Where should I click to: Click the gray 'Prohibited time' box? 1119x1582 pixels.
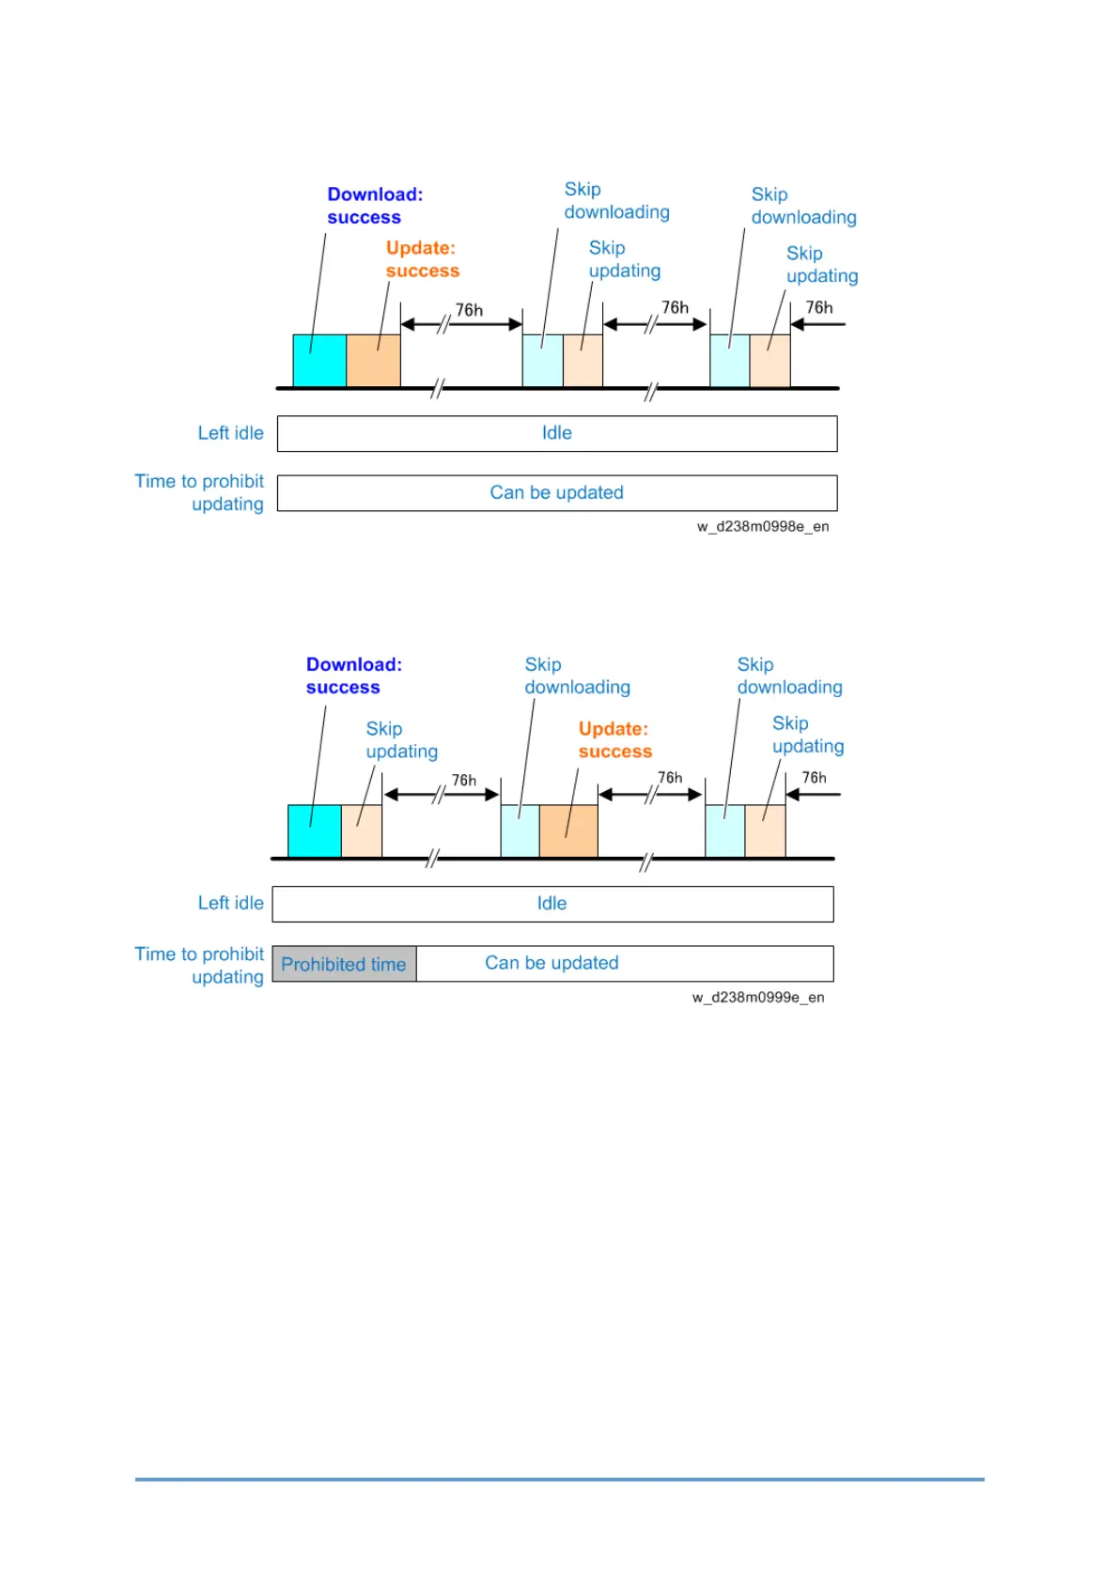344,964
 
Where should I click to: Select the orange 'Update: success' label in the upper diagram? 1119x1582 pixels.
422,259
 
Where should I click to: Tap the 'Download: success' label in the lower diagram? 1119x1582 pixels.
353,675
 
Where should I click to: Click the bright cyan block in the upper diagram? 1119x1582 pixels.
319,361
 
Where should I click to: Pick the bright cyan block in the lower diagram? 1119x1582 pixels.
314,830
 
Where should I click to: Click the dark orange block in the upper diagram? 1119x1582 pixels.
373,361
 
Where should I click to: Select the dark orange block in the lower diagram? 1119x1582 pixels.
568,830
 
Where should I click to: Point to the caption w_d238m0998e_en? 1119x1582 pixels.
763,526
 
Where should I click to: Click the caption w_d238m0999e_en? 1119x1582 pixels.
758,997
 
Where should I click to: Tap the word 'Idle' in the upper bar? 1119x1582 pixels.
556,433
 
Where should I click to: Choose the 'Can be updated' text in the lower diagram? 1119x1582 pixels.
552,963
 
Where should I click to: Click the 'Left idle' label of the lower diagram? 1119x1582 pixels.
230,903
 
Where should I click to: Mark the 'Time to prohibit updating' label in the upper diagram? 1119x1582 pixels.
199,492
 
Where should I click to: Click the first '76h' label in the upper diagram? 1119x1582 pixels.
469,310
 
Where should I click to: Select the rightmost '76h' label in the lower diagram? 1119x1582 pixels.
814,778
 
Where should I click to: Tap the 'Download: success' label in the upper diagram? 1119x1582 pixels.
374,206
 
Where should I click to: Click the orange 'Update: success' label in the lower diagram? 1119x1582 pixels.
614,740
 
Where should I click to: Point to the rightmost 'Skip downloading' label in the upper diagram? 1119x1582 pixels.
803,206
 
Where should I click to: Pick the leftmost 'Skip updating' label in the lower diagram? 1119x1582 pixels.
401,740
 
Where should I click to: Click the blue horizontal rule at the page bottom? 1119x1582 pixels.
559,1480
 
